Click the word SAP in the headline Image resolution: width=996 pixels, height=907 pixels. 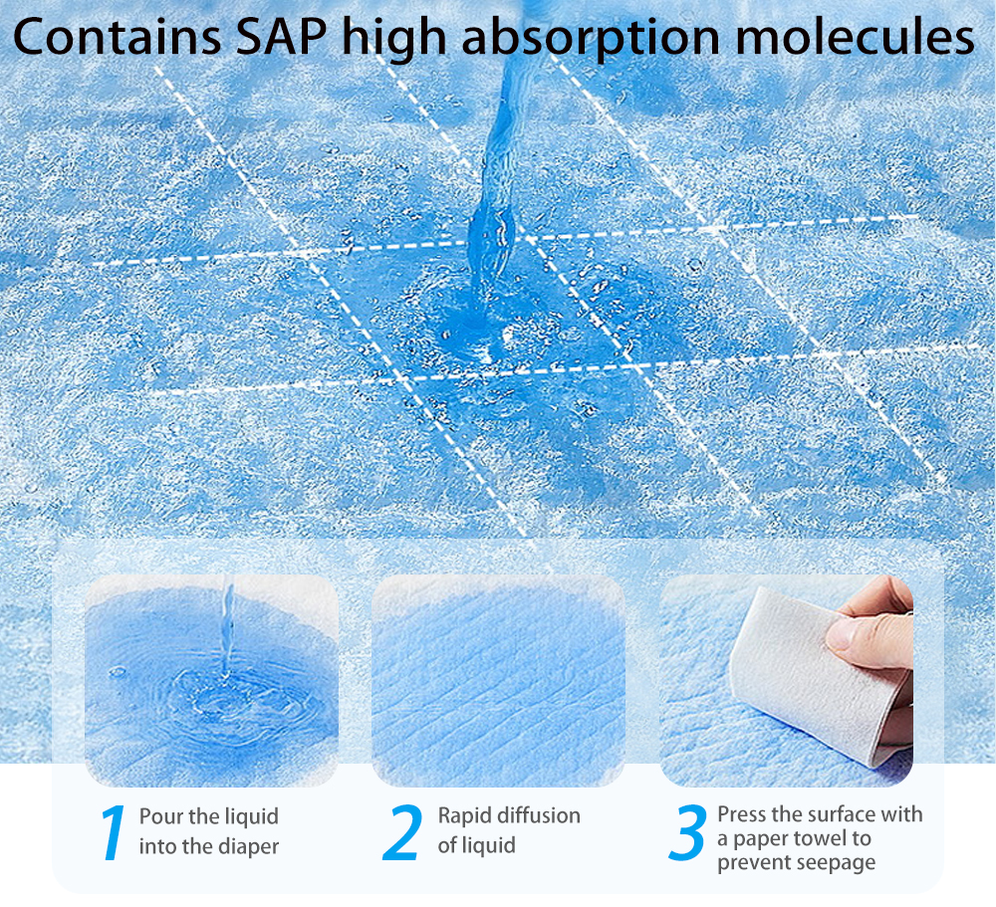click(281, 36)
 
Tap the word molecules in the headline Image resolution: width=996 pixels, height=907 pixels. click(854, 36)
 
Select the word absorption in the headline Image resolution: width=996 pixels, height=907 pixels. click(591, 40)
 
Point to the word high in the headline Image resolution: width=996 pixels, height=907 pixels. click(393, 40)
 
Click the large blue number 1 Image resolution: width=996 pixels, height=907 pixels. click(114, 832)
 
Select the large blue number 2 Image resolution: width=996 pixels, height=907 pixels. click(402, 832)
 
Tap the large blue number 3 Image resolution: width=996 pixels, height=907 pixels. click(688, 832)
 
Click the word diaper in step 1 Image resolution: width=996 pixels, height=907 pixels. click(248, 846)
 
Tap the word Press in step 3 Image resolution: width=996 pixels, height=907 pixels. click(741, 813)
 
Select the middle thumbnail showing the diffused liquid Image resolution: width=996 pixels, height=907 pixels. click(498, 680)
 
